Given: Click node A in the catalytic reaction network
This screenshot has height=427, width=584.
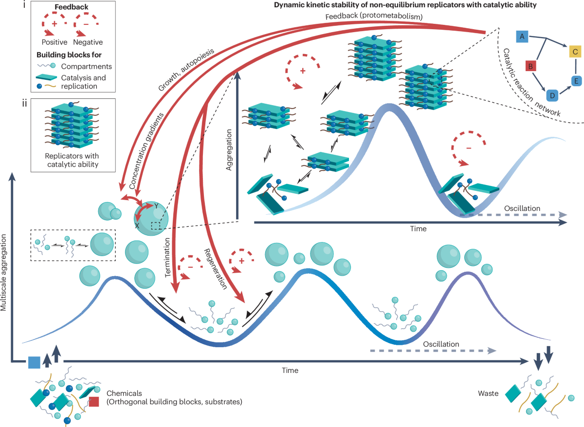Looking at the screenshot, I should (x=522, y=37).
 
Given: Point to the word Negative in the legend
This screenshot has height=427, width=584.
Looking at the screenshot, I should (x=88, y=42).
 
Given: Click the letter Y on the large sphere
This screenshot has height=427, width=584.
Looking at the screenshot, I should (x=156, y=206).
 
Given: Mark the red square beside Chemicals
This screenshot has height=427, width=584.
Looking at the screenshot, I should (x=94, y=402).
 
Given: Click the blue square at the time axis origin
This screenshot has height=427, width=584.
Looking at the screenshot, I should (x=34, y=362).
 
